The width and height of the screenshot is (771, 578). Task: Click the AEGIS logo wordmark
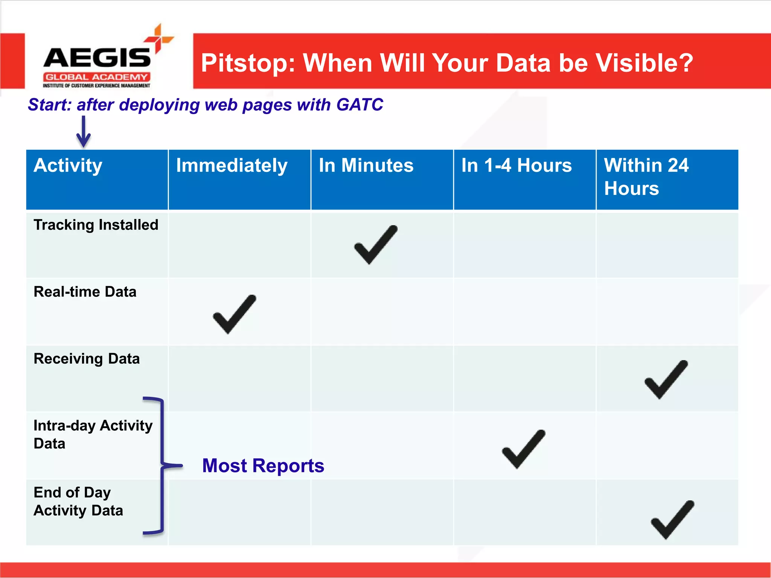coord(97,58)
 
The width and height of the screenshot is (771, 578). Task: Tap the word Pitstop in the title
coord(248,63)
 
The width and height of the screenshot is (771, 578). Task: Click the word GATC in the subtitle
coord(360,105)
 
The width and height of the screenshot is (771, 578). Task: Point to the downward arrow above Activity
coord(83,132)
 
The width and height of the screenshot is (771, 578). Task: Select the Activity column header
coord(68,166)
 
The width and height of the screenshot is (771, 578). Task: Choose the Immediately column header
coord(232,166)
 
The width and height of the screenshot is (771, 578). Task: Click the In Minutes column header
coord(366,166)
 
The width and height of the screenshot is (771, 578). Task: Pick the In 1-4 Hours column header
coord(517,166)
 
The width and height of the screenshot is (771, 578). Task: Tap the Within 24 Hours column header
coord(646,176)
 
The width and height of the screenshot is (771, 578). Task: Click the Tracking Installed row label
coord(96,225)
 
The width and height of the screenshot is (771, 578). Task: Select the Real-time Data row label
coord(85,292)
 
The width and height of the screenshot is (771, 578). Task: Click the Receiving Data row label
coord(87,359)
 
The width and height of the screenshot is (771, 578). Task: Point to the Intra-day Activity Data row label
coord(93,434)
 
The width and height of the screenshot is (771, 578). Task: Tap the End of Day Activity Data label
coord(78,501)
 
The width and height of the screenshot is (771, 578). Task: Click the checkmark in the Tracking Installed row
coord(376,245)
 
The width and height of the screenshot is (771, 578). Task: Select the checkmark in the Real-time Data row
coord(235,315)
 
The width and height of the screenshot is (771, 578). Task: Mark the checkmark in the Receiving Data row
coord(666,380)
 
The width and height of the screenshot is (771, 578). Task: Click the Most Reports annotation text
coord(263,465)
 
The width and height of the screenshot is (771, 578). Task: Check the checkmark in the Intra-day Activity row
coord(524,449)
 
